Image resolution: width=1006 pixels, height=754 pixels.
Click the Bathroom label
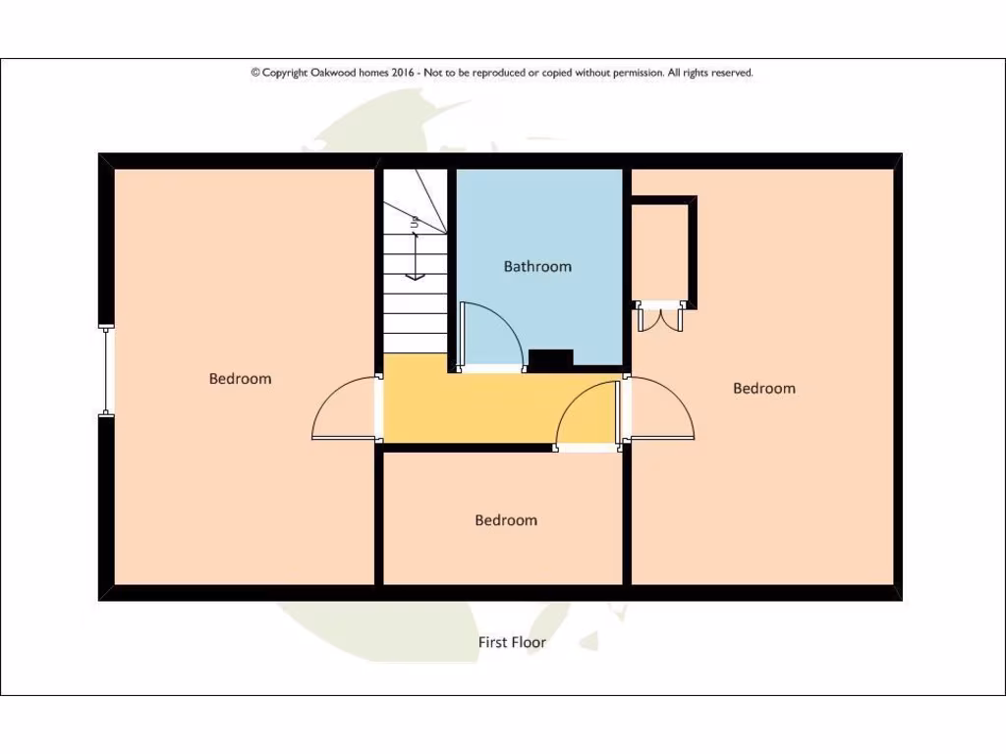537,266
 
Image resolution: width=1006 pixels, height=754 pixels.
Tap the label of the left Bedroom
240,378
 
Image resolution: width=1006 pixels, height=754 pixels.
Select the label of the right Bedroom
763,388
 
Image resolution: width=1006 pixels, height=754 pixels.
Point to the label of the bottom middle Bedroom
506,520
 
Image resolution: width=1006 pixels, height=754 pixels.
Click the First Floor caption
512,642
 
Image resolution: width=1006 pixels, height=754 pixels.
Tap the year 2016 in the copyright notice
404,73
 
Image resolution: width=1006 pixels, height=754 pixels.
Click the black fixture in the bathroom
550,359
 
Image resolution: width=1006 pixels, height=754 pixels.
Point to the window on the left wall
106,371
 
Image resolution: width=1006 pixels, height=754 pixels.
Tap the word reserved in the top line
731,73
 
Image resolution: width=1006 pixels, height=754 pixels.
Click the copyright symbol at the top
255,73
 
